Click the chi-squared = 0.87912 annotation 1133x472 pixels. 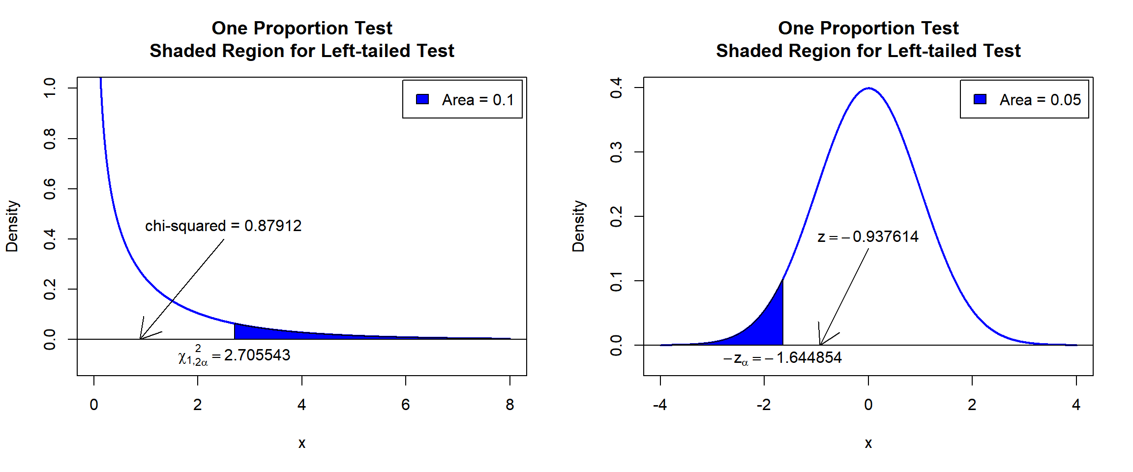click(223, 226)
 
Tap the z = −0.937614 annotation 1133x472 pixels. click(868, 236)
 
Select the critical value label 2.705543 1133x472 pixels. click(235, 355)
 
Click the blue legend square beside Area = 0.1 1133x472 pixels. click(422, 99)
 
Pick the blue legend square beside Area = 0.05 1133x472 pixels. click(980, 99)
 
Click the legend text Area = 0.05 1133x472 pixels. click(1040, 100)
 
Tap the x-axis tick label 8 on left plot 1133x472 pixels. click(509, 405)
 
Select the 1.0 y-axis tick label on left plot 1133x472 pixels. click(50, 88)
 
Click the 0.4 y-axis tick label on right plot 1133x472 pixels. click(616, 88)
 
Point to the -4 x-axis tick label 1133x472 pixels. click(660, 405)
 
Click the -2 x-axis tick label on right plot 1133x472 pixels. click(764, 405)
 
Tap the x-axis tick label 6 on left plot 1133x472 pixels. click(405, 405)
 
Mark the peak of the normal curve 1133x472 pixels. click(869, 88)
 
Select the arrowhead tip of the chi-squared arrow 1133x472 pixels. click(141, 338)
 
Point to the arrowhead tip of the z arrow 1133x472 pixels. click(820, 344)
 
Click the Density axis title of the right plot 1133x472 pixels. click(578, 226)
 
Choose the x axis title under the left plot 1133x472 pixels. click(302, 443)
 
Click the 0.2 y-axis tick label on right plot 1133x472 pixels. click(616, 216)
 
